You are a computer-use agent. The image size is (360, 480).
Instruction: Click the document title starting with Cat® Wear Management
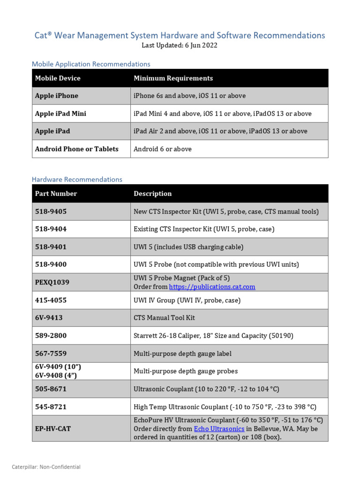pyautogui.click(x=180, y=35)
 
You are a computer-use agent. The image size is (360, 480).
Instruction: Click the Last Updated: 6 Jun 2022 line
pyautogui.click(x=180, y=45)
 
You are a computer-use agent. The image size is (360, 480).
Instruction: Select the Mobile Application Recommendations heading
pyautogui.click(x=91, y=64)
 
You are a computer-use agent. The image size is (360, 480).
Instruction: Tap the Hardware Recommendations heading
pyautogui.click(x=77, y=179)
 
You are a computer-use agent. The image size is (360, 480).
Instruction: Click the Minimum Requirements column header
pyautogui.click(x=173, y=78)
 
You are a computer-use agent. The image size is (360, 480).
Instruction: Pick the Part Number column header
pyautogui.click(x=56, y=194)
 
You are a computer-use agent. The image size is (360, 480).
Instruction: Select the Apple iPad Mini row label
pyautogui.click(x=60, y=113)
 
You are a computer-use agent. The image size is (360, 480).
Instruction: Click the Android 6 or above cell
pyautogui.click(x=163, y=149)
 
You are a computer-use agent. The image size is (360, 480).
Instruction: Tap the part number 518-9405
pyautogui.click(x=51, y=211)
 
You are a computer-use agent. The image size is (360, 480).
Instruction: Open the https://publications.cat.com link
pyautogui.click(x=212, y=286)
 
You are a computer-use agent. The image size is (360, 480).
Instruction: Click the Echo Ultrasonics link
pyautogui.click(x=219, y=428)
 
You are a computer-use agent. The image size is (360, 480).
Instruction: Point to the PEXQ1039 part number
pyautogui.click(x=52, y=282)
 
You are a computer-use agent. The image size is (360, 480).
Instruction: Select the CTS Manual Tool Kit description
pyautogui.click(x=164, y=317)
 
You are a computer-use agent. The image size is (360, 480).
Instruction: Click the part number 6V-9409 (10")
pyautogui.click(x=54, y=367)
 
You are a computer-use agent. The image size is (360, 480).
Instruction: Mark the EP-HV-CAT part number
pyautogui.click(x=53, y=428)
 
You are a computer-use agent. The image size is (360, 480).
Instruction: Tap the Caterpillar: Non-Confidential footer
pyautogui.click(x=46, y=467)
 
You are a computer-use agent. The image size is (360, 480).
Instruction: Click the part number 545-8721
pyautogui.click(x=51, y=407)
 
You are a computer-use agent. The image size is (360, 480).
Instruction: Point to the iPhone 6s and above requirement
pyautogui.click(x=189, y=96)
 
